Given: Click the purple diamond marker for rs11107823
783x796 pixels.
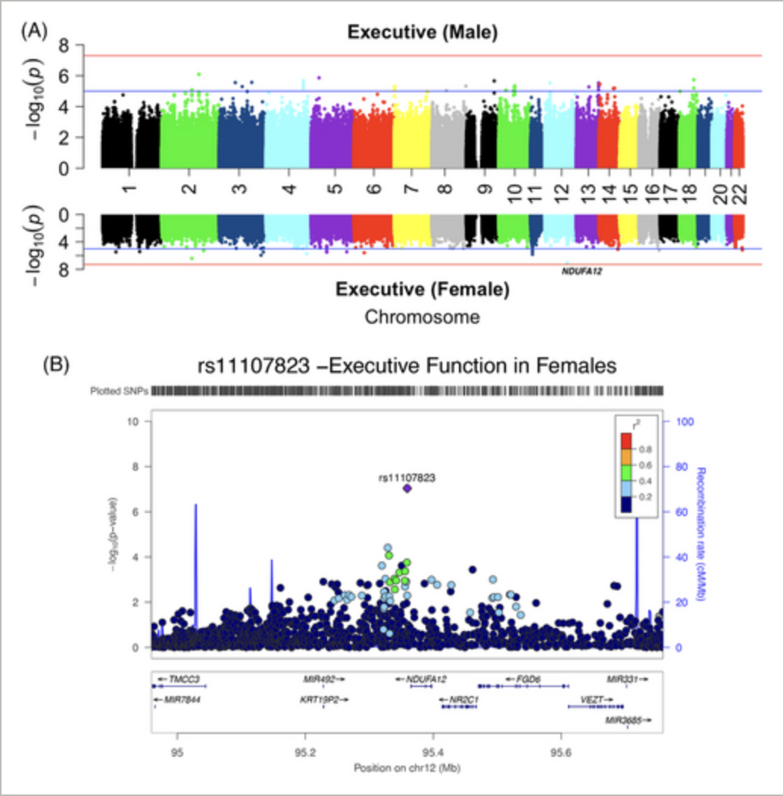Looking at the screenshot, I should point(407,488).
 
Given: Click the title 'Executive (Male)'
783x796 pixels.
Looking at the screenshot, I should point(423,33).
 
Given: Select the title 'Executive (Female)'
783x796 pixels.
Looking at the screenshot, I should point(423,289).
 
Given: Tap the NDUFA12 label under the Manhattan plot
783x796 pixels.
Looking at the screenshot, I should point(583,268).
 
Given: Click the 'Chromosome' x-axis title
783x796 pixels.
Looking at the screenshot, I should point(423,317).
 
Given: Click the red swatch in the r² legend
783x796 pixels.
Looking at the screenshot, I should point(625,440).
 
